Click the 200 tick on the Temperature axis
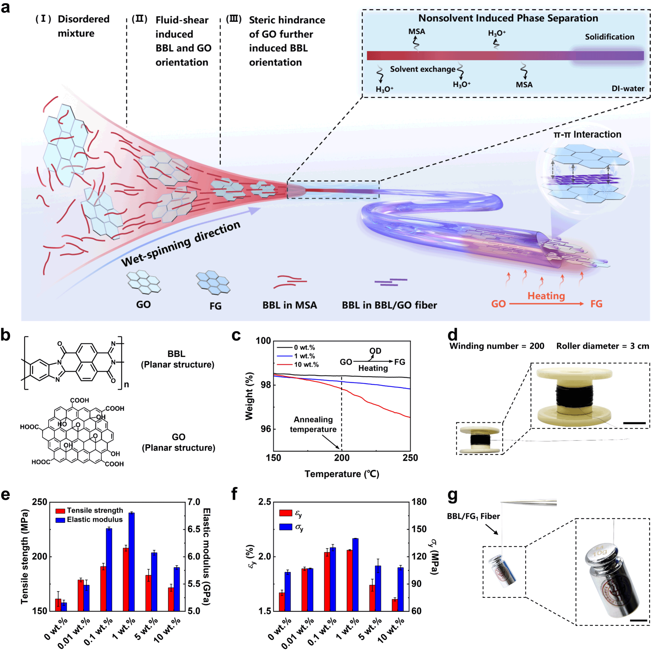pyautogui.click(x=342, y=458)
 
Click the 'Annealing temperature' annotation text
pyautogui.click(x=313, y=424)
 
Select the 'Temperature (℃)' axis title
pyautogui.click(x=342, y=474)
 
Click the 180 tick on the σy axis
pyautogui.click(x=419, y=502)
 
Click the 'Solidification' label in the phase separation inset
pyautogui.click(x=610, y=37)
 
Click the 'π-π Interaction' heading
pyautogui.click(x=587, y=135)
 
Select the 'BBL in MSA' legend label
pyautogui.click(x=289, y=305)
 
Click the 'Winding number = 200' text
pyautogui.click(x=497, y=346)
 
